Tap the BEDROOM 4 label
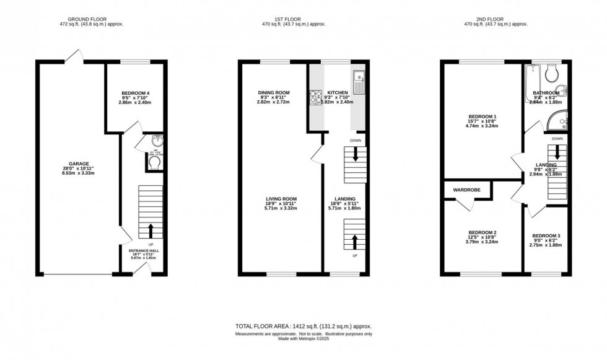click(x=134, y=94)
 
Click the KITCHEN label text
click(x=338, y=93)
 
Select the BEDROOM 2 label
click(x=482, y=232)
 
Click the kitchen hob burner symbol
click(x=314, y=95)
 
